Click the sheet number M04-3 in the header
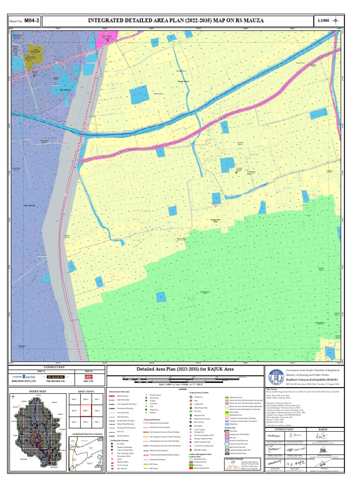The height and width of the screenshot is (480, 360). [x=29, y=21]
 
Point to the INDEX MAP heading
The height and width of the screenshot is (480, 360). [x=37, y=391]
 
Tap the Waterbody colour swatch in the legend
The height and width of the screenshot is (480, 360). [x=227, y=424]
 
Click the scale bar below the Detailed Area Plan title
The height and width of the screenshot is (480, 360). [x=183, y=378]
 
